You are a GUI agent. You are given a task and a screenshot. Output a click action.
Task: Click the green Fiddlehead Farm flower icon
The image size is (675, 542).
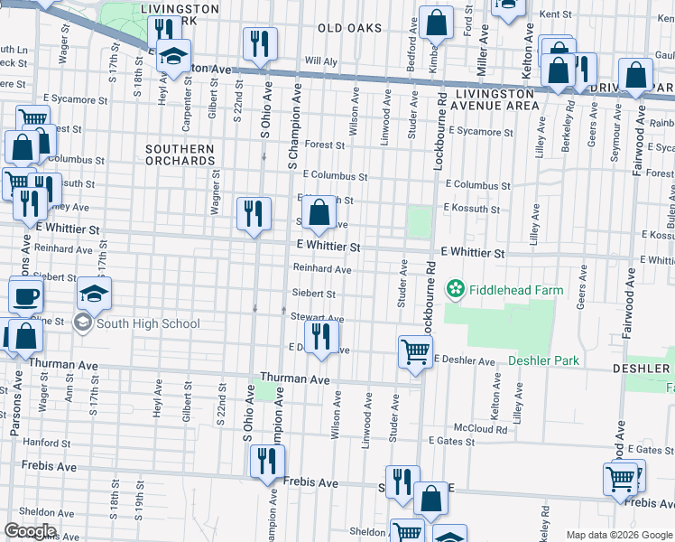[x=456, y=290]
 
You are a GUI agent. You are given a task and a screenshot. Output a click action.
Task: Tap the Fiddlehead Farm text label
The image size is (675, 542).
[x=514, y=291]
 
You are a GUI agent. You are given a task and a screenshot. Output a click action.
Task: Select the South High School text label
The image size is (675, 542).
[x=148, y=323]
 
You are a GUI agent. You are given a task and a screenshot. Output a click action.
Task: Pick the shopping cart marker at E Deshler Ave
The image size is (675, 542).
[x=415, y=350]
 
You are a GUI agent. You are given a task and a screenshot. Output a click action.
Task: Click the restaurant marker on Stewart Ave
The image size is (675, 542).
[x=321, y=337]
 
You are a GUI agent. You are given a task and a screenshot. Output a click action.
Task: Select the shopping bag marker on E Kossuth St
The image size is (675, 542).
[x=319, y=214]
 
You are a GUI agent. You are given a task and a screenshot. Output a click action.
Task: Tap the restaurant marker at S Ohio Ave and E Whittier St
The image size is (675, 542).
[x=254, y=214]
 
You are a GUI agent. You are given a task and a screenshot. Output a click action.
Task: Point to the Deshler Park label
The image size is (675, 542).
[x=543, y=360]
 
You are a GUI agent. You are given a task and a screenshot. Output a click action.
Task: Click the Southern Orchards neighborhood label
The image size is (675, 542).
[x=180, y=154]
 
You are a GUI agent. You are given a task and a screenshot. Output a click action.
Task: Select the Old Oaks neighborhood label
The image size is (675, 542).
[x=349, y=29]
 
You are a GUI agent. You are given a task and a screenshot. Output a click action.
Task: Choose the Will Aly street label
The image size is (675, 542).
[x=320, y=61]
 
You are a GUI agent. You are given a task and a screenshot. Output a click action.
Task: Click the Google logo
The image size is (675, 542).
[x=30, y=531]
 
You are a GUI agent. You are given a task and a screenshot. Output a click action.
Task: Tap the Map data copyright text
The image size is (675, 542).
[x=619, y=535]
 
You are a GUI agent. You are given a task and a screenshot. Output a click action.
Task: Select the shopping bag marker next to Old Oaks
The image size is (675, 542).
[x=437, y=24]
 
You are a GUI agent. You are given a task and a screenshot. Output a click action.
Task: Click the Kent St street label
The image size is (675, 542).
[x=556, y=14]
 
